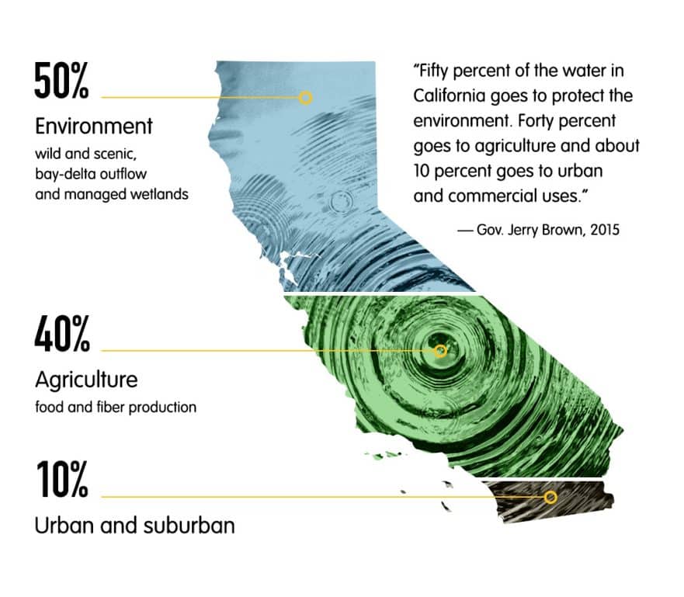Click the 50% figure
tap(61, 81)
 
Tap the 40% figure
tap(62, 334)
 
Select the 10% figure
tap(62, 479)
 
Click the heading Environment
tap(94, 127)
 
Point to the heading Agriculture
tap(86, 380)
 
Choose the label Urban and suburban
tap(135, 525)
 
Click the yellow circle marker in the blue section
tap(306, 98)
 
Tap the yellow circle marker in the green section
tap(440, 351)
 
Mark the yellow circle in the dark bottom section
tap(550, 497)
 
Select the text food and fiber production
tap(116, 408)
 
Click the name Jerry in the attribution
tap(525, 230)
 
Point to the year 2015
tap(605, 229)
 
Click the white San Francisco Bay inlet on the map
tap(290, 266)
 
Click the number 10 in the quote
tap(422, 171)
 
